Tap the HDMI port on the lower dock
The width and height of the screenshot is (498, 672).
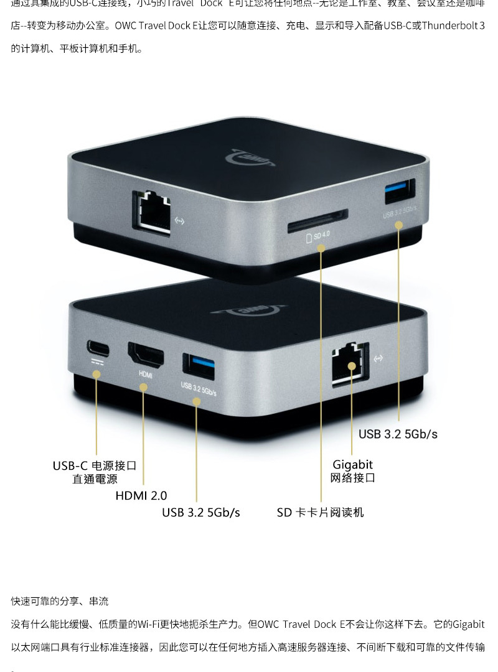[x=146, y=356]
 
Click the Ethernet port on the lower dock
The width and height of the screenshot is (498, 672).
[x=350, y=363]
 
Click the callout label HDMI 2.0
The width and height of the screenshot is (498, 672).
[x=141, y=496]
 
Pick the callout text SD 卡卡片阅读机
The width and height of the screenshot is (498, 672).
[x=320, y=512]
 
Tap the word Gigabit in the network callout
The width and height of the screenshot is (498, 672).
[x=352, y=464]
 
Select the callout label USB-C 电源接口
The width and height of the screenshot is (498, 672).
[x=94, y=465]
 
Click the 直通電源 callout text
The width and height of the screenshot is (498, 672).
[x=95, y=479]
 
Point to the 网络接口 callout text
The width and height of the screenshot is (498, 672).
[x=352, y=478]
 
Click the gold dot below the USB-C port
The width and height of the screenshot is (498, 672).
[x=96, y=374]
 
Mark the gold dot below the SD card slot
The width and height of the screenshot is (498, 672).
[x=321, y=248]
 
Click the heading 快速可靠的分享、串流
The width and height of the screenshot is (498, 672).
[x=60, y=601]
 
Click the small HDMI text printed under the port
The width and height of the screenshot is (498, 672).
[x=145, y=375]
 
